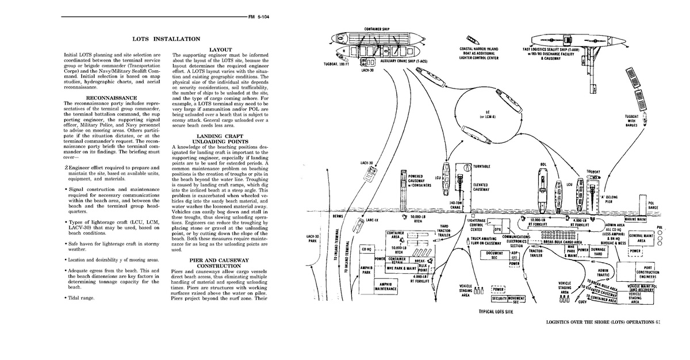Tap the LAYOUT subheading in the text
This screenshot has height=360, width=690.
[220, 49]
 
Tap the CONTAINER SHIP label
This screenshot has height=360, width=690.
[378, 29]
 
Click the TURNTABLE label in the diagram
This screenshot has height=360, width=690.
[481, 166]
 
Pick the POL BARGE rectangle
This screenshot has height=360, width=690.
[652, 205]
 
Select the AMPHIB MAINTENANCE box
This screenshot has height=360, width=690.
[385, 286]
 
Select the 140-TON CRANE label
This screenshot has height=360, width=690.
[457, 205]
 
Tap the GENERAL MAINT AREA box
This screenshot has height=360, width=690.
[641, 238]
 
